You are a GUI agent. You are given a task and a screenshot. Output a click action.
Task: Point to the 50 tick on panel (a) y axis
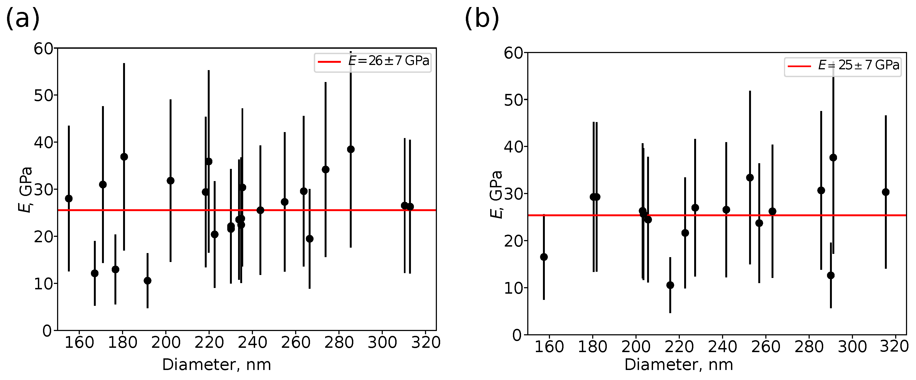(43, 95)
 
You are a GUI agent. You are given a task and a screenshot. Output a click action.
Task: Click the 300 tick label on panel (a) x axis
(382, 343)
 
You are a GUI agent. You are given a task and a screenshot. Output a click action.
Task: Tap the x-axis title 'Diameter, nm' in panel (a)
(216, 365)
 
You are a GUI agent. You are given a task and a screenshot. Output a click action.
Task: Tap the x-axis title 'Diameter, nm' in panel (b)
(678, 365)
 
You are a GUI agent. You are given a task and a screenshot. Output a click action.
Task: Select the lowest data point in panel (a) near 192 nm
(147, 281)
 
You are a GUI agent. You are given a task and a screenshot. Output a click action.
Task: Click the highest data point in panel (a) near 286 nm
(351, 149)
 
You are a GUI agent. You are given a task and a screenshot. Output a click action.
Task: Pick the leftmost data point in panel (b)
(544, 257)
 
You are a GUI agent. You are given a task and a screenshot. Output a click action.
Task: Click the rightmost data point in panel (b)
(885, 192)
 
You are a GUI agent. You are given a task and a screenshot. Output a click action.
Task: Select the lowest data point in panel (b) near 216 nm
(670, 285)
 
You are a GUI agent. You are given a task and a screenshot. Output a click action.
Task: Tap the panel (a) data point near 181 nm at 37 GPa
(124, 157)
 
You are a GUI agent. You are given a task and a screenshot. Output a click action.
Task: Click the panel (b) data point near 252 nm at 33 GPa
(750, 178)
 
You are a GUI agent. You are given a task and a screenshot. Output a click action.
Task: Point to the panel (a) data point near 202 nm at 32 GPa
(170, 181)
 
